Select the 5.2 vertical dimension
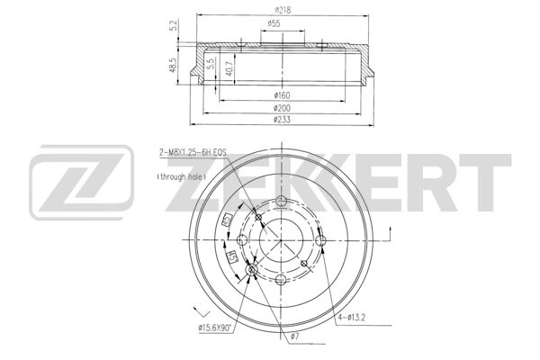[x=172, y=25]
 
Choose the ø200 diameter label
[x=282, y=107]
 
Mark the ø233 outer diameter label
[x=282, y=120]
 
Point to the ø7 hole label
[x=292, y=337]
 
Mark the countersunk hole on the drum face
[x=252, y=270]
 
